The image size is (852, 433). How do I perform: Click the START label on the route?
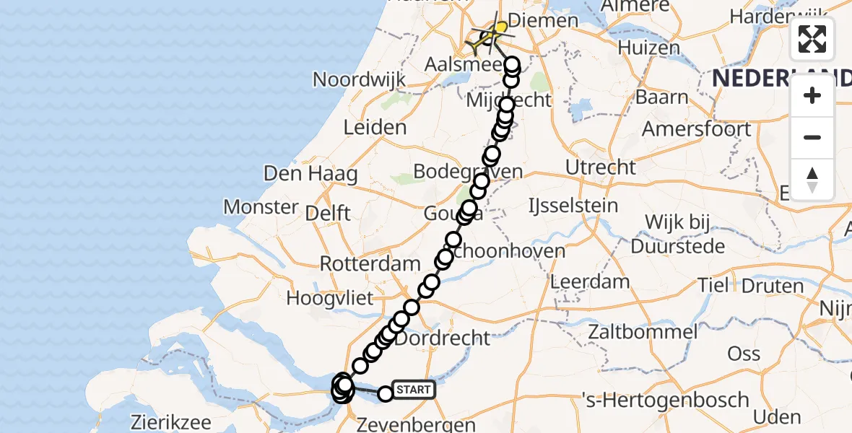(x=414, y=390)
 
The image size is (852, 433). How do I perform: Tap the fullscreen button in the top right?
(x=812, y=39)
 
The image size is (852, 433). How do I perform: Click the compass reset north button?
(x=812, y=179)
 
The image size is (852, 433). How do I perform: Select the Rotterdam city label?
(x=370, y=263)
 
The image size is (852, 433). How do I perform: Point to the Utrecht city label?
(x=601, y=167)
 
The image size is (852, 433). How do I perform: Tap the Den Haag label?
(x=310, y=174)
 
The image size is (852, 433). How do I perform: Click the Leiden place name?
(x=375, y=128)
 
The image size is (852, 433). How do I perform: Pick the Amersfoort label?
(x=697, y=130)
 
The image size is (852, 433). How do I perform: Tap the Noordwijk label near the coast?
(x=360, y=80)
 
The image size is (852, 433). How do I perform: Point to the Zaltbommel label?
(x=643, y=332)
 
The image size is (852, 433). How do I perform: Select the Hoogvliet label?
(x=329, y=297)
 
